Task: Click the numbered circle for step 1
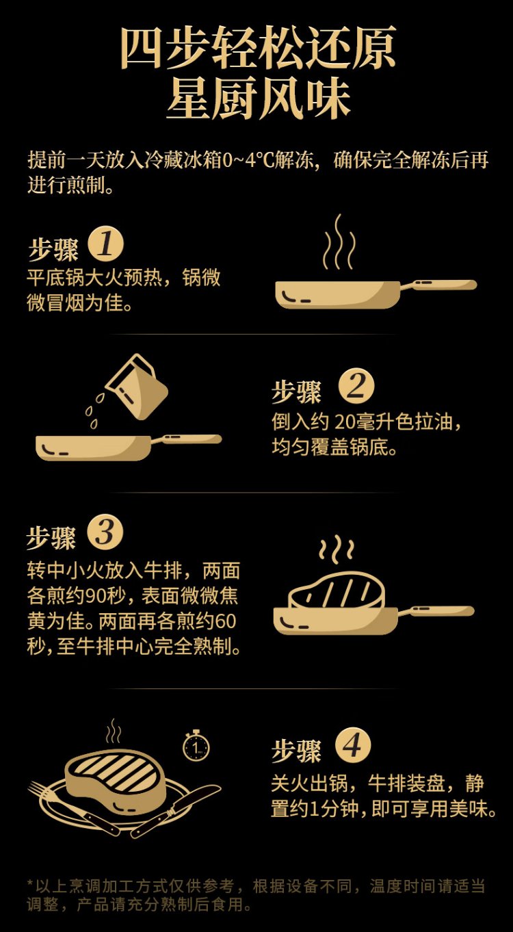[106, 244]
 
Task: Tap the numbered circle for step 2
[356, 386]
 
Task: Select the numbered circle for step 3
[105, 532]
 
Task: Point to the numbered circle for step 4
[352, 745]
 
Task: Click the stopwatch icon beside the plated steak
[196, 746]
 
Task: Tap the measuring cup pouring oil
[137, 387]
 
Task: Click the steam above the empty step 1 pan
[339, 242]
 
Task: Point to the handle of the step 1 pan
[438, 285]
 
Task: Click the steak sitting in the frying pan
[337, 590]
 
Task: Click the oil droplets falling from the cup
[94, 411]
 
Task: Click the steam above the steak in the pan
[337, 549]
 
